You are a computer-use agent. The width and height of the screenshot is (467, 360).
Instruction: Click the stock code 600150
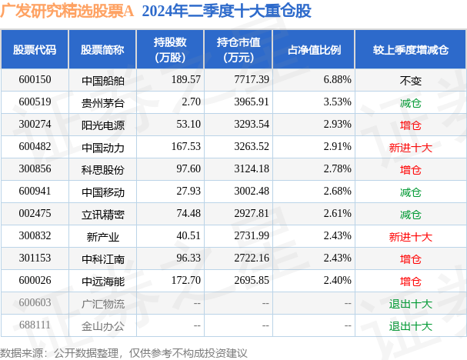35,79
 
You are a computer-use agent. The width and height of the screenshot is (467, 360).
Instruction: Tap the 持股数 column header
171,49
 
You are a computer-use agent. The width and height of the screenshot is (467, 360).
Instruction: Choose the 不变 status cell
410,80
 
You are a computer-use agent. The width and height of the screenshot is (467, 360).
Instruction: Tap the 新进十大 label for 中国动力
410,146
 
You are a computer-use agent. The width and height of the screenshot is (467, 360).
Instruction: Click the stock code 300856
35,168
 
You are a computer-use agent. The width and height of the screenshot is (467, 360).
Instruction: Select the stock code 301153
35,258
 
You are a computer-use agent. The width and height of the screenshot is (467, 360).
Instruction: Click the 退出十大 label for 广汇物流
410,303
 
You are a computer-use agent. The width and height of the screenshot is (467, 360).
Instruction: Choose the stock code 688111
35,325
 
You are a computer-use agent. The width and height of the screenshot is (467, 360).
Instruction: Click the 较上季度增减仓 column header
410,49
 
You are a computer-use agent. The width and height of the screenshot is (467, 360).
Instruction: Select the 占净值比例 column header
315,49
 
